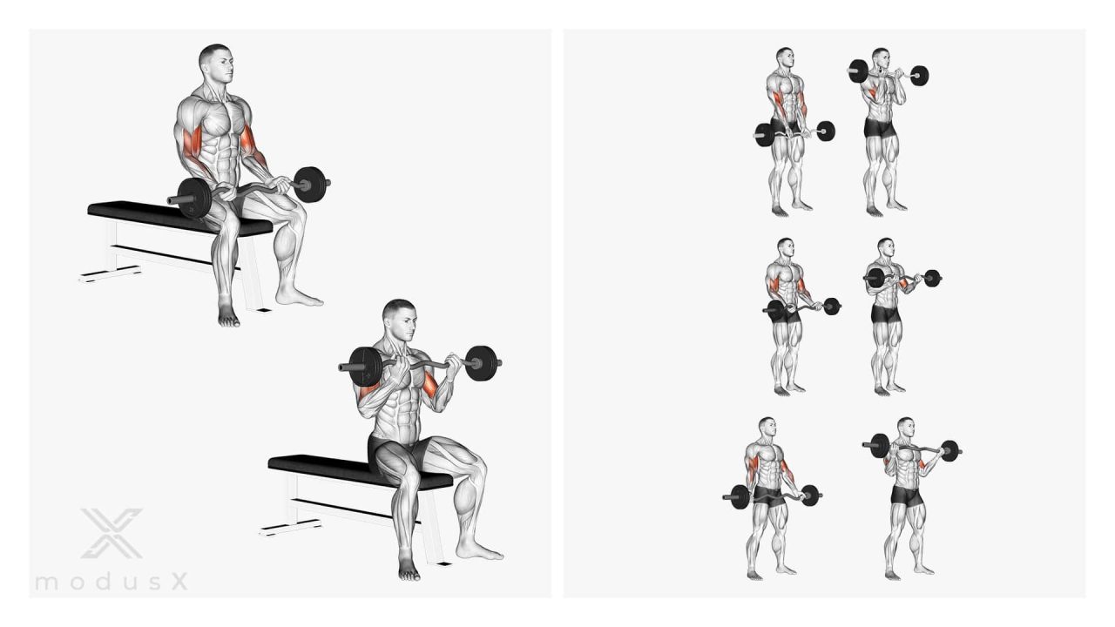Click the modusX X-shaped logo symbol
coord(111,533)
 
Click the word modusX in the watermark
coord(111,581)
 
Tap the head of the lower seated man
coord(400,319)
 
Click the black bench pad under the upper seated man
coord(179,217)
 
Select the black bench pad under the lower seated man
coord(360,471)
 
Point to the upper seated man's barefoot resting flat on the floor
coord(299,297)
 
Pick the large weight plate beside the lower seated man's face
coord(365,367)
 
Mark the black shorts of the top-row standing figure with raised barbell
coord(880,128)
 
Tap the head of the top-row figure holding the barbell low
coord(785,58)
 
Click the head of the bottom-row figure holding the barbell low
coord(767,428)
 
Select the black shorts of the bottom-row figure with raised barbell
coord(906,496)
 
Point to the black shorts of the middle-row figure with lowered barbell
coord(787,313)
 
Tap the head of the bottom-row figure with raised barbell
coord(906,428)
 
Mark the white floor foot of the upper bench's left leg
coord(110,273)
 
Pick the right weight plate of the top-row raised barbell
coord(920,76)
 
